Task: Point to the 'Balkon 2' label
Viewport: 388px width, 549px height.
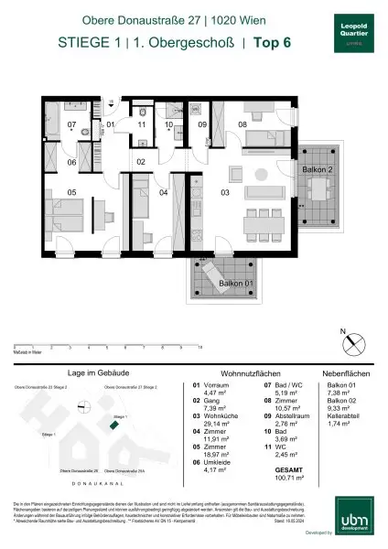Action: pos(317,170)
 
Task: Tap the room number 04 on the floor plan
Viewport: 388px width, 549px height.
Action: pos(164,193)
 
